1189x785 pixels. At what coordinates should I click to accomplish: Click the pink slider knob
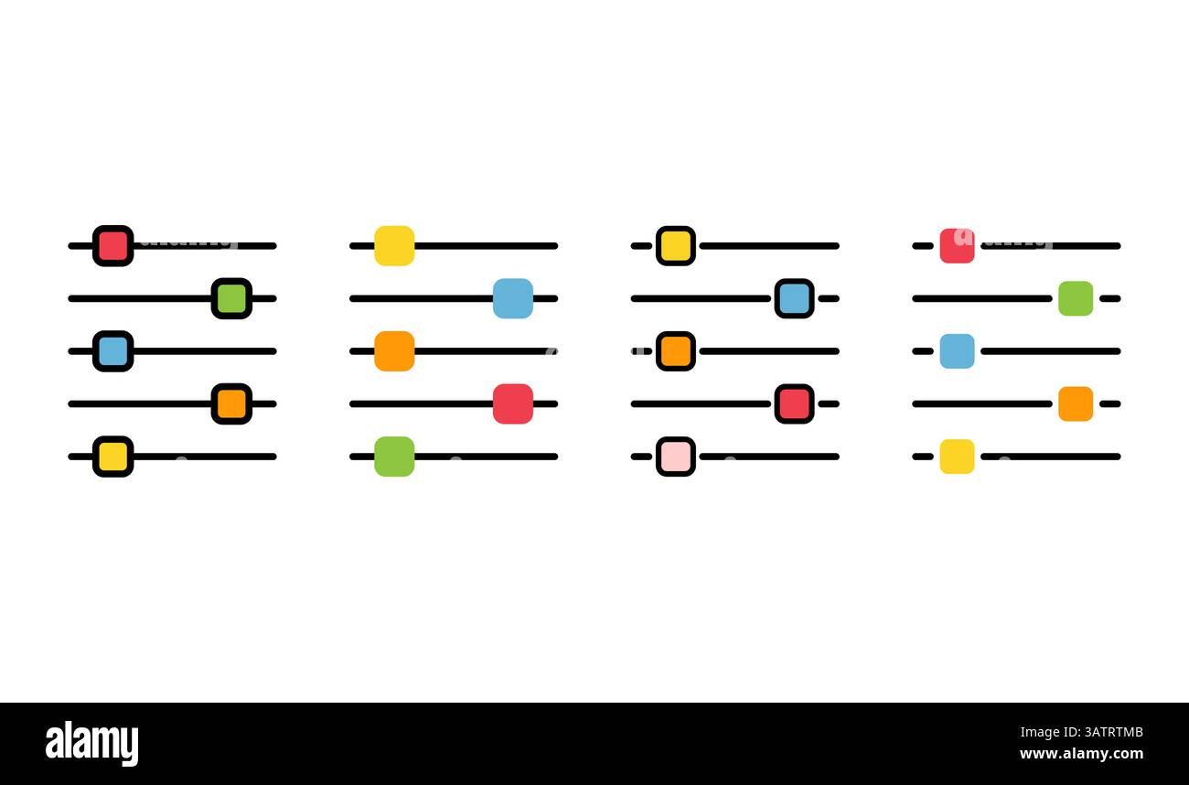[x=676, y=457]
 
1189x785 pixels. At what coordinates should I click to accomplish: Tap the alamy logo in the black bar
[x=91, y=743]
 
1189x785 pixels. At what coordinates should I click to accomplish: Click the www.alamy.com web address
[x=1081, y=753]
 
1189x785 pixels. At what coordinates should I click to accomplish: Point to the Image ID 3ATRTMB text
[x=1081, y=732]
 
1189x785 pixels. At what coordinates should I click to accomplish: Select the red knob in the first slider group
[x=113, y=246]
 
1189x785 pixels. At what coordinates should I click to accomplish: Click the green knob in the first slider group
[x=231, y=298]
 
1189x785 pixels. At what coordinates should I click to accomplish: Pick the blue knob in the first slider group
[x=113, y=351]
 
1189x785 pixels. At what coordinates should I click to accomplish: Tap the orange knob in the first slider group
[x=231, y=403]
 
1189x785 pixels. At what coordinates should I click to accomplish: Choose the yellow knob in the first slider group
[x=113, y=457]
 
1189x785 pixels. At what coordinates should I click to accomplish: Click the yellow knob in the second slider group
[x=394, y=246]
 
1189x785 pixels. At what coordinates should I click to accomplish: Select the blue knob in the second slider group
[x=513, y=298]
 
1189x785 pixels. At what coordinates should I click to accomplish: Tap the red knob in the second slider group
[x=513, y=403]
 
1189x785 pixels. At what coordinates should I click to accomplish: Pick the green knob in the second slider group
[x=394, y=457]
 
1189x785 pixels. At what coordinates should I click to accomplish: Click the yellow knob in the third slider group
[x=676, y=246]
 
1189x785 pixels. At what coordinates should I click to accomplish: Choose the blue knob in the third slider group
[x=794, y=298]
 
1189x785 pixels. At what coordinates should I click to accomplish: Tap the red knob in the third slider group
[x=794, y=403]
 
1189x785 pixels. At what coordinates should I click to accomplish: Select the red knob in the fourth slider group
[x=957, y=246]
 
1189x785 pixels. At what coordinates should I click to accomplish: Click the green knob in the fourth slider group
[x=1076, y=298]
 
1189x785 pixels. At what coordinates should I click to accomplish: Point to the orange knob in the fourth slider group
[x=1076, y=403]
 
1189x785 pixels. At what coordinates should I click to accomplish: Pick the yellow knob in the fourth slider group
[x=957, y=457]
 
